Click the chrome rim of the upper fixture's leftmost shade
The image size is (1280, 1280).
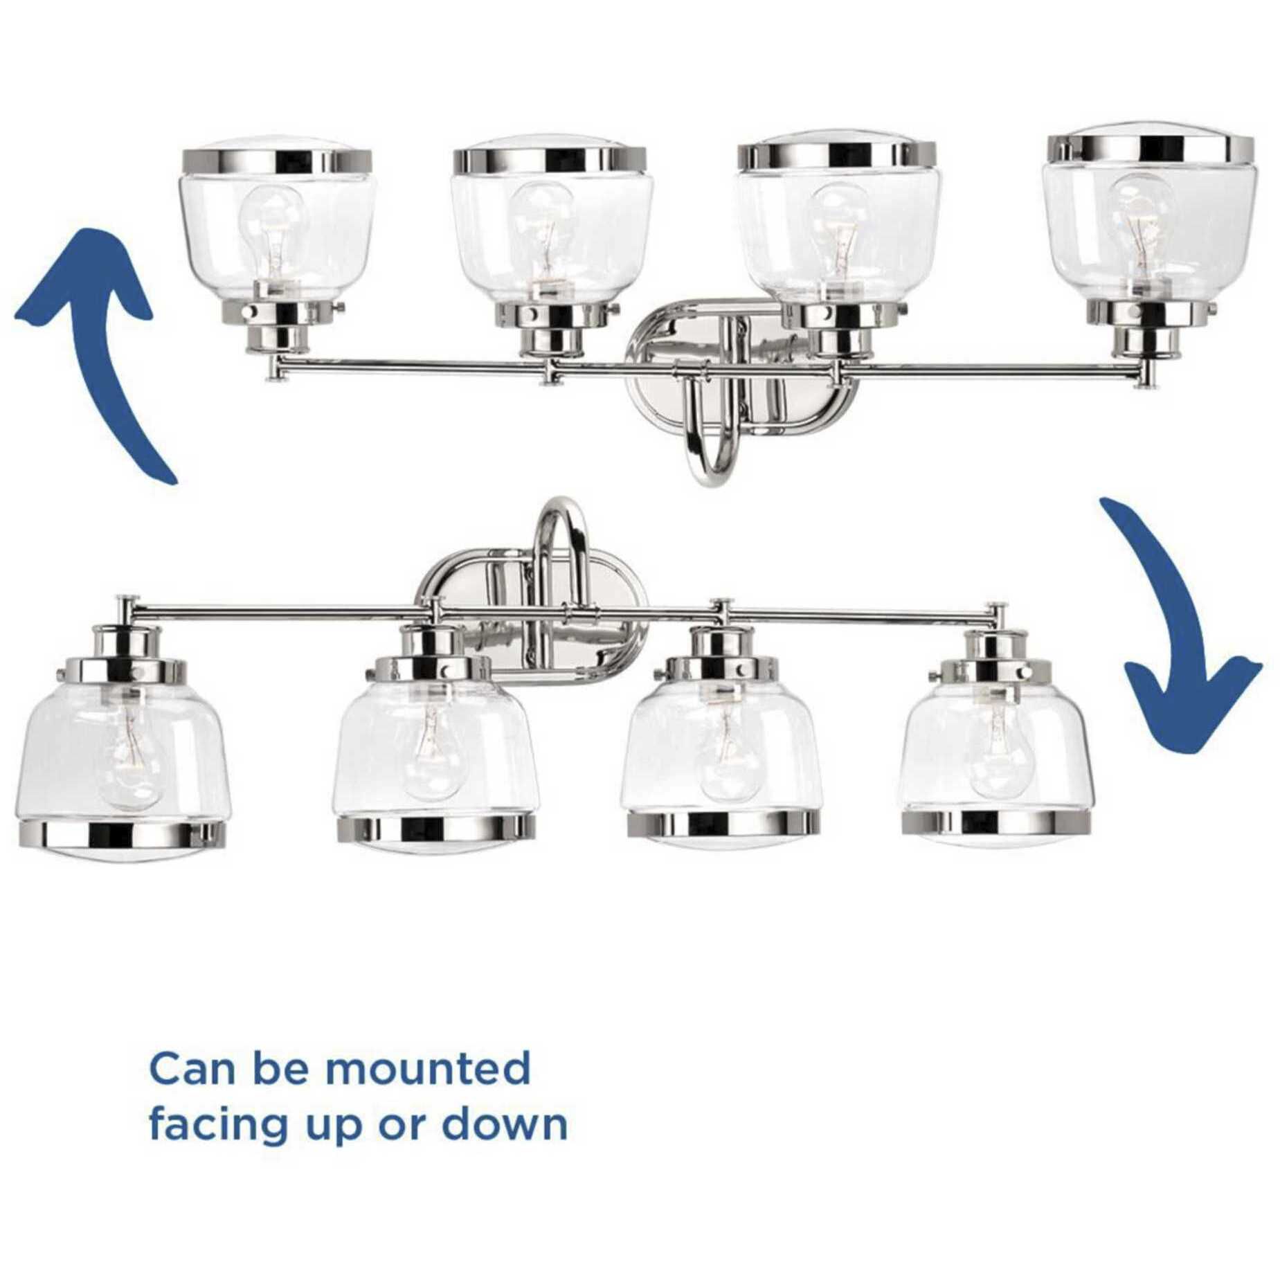tap(277, 161)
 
